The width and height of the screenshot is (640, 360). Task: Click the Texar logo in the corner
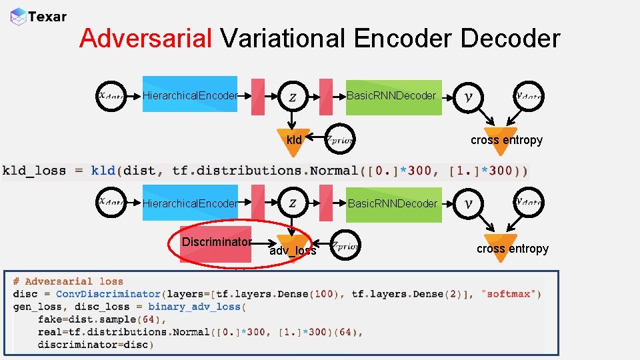pyautogui.click(x=39, y=17)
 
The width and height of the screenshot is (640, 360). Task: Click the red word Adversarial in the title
pyautogui.click(x=145, y=39)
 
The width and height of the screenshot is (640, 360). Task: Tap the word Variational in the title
pyautogui.click(x=283, y=39)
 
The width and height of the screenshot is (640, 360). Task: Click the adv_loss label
pyautogui.click(x=293, y=251)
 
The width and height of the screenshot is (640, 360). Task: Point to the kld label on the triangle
pyautogui.click(x=294, y=140)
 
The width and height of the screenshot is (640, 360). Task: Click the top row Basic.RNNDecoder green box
pyautogui.click(x=393, y=97)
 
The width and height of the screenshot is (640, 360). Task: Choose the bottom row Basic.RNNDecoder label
pyautogui.click(x=393, y=203)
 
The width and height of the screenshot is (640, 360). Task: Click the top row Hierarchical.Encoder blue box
pyautogui.click(x=190, y=95)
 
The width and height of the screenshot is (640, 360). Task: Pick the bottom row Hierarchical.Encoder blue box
pyautogui.click(x=190, y=203)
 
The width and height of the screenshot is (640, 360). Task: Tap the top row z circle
pyautogui.click(x=293, y=96)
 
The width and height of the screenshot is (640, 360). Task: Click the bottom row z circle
pyautogui.click(x=293, y=203)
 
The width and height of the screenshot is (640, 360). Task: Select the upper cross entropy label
pyautogui.click(x=506, y=140)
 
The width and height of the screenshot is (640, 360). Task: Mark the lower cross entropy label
pyautogui.click(x=512, y=249)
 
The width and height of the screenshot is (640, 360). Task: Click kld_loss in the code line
pyautogui.click(x=33, y=171)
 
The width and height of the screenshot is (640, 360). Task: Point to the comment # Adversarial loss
pyautogui.click(x=68, y=281)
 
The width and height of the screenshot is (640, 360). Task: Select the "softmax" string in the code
pyautogui.click(x=512, y=294)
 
